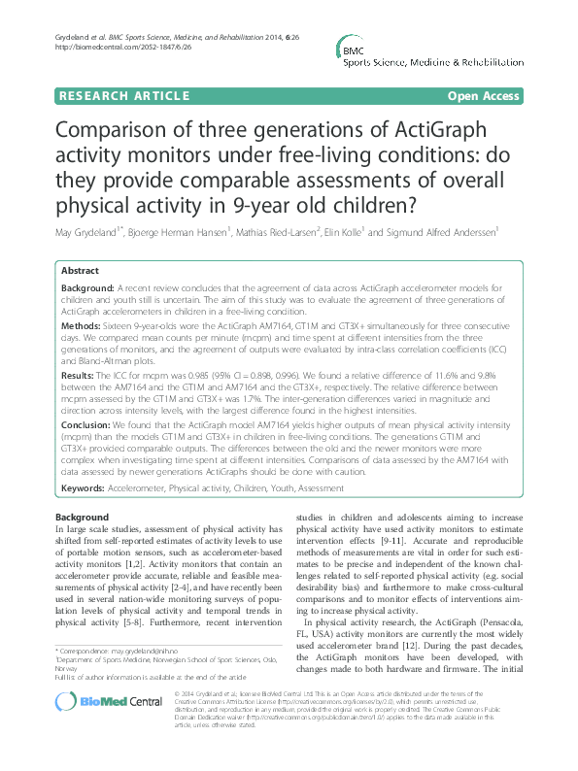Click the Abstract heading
(80, 271)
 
